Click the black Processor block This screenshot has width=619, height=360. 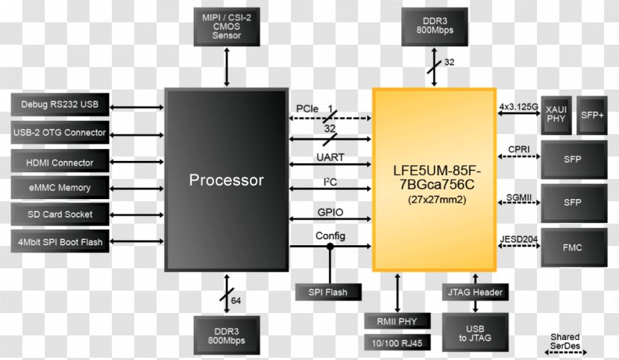(226, 180)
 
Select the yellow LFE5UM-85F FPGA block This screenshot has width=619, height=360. (435, 179)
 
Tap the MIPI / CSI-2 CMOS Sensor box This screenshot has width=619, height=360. (227, 27)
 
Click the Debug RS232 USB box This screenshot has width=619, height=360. (60, 104)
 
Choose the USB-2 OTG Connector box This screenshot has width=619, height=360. (60, 133)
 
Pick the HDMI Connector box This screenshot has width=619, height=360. (60, 162)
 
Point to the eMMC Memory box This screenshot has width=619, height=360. (60, 188)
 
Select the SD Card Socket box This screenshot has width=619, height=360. (60, 215)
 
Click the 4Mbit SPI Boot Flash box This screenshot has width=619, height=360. (60, 241)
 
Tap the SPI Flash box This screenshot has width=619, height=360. (328, 292)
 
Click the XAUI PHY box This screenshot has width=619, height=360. (556, 114)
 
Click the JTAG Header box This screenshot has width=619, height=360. (476, 292)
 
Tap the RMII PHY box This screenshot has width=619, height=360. (398, 321)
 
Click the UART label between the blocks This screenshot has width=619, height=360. (330, 158)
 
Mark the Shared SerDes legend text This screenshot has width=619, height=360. (565, 341)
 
